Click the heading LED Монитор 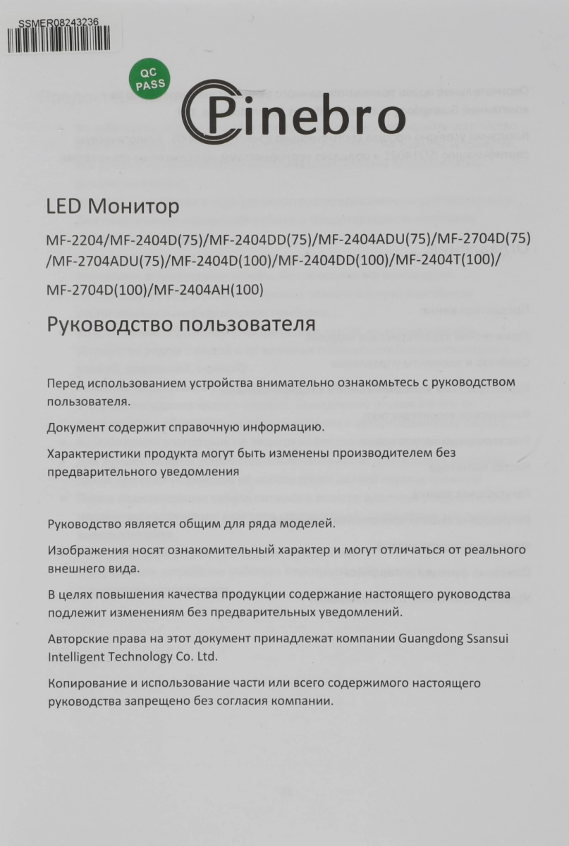coord(113,207)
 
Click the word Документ coord(75,427)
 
